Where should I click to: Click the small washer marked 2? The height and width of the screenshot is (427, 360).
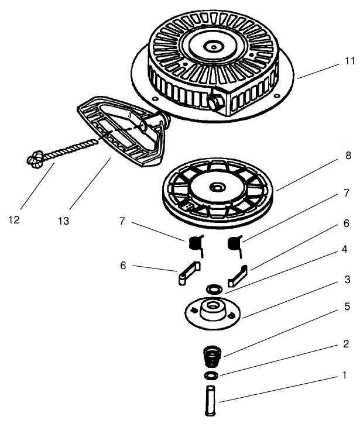[212, 374]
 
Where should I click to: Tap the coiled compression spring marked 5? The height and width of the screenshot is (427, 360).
[212, 354]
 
